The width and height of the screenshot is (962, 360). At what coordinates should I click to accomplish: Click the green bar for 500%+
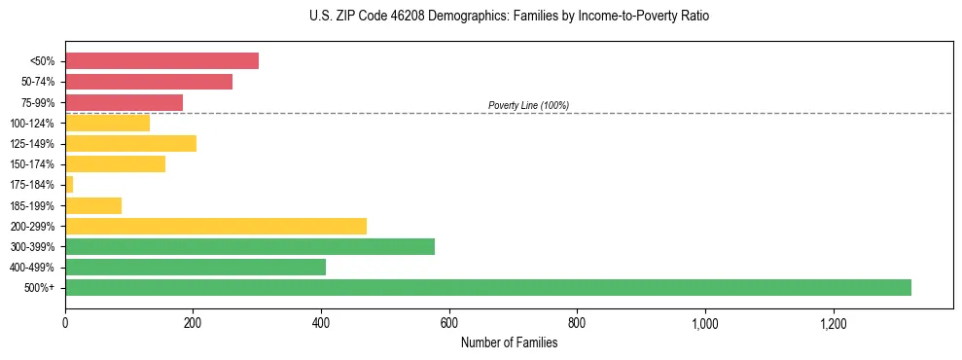(487, 287)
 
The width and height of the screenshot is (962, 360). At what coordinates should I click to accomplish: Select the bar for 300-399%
(249, 246)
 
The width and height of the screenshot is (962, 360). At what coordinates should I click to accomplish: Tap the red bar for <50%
(161, 61)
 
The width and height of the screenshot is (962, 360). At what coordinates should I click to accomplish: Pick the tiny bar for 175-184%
(69, 184)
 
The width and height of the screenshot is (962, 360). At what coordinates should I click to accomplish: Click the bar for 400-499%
(195, 267)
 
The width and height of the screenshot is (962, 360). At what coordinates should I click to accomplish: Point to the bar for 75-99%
(124, 102)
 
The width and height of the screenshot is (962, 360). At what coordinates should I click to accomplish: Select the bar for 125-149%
(130, 143)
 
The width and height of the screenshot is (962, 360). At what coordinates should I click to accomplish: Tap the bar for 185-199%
(93, 205)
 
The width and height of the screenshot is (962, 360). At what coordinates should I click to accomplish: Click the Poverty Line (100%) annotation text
(528, 105)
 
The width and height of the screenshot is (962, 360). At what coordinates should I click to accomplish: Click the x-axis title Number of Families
(509, 342)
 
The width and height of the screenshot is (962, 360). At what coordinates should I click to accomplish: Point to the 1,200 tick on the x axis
(834, 323)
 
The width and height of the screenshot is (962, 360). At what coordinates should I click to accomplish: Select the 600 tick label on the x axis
(449, 323)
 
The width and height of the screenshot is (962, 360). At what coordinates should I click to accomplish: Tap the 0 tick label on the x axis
(65, 323)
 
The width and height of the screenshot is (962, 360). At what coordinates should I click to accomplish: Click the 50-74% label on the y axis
(38, 82)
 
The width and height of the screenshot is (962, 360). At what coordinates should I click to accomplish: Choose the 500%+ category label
(41, 288)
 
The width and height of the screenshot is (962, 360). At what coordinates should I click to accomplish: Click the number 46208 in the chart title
(386, 17)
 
